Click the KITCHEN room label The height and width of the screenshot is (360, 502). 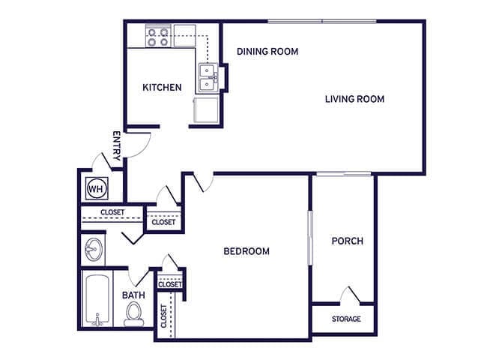[162, 88]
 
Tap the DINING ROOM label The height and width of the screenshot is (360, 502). [267, 52]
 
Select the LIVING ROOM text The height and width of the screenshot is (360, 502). [354, 99]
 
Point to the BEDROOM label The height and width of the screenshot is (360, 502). [247, 251]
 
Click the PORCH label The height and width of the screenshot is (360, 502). [347, 241]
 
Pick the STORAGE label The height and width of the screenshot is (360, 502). [345, 319]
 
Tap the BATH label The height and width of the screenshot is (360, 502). [133, 295]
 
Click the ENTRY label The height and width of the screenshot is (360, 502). [116, 146]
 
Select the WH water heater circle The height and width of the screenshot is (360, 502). [95, 189]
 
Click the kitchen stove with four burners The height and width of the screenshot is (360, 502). [157, 37]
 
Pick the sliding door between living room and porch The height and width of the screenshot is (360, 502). [343, 175]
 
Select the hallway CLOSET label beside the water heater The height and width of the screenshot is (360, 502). [112, 212]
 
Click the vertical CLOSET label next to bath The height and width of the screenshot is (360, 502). [163, 316]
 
